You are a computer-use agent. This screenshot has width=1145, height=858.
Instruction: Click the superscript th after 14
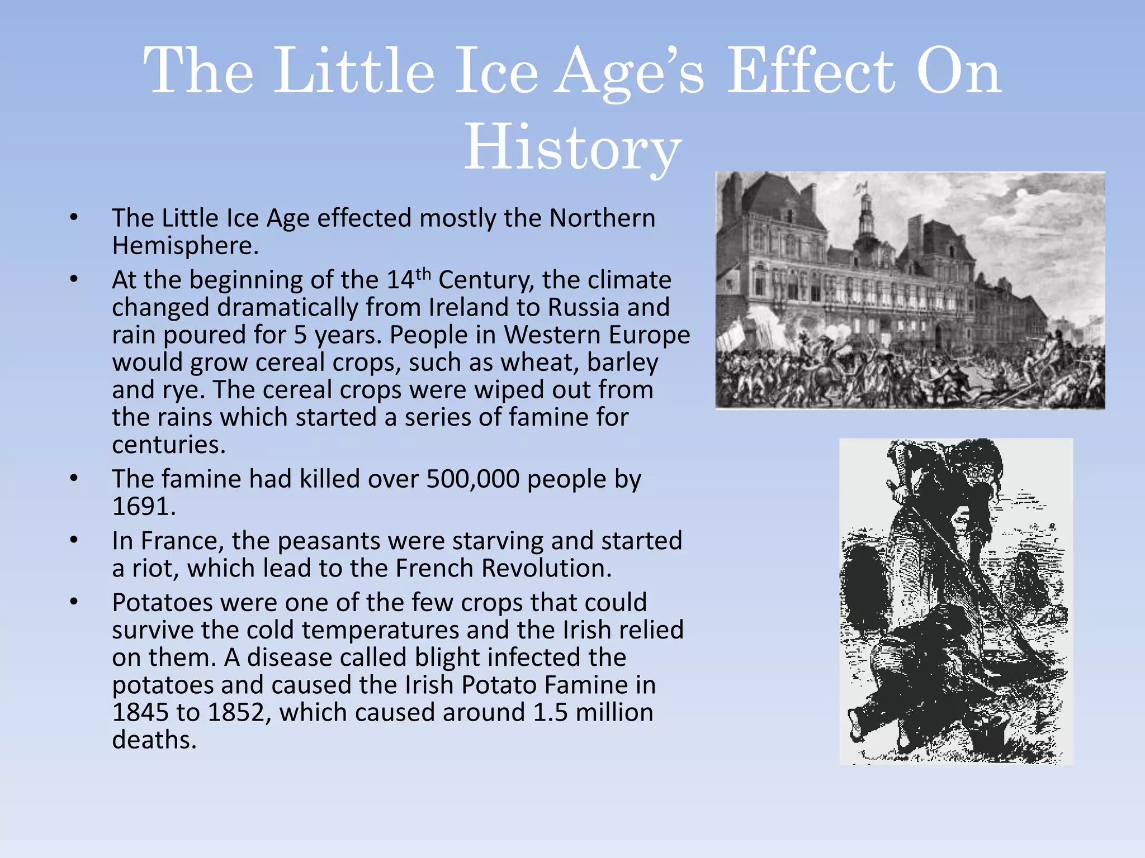point(423,274)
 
